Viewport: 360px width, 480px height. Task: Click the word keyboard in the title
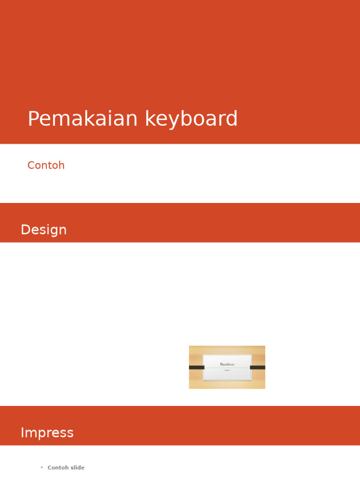191,119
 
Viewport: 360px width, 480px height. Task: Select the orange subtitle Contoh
46,165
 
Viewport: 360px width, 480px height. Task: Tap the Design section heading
44,230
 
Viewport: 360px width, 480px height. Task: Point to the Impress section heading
47,433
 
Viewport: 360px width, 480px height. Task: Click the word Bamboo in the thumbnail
227,364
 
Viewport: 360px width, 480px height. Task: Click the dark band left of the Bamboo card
196,367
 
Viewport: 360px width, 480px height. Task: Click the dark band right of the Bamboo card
257,367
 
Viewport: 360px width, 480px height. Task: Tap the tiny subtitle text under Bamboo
227,370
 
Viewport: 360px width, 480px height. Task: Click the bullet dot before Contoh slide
42,468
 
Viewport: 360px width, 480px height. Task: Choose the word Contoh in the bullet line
58,468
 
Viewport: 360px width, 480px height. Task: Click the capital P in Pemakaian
33,119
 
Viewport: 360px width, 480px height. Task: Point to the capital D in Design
25,230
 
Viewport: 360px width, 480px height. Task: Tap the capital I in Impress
22,433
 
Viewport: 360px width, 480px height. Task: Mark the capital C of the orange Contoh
31,165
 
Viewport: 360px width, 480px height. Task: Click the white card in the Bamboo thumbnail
227,375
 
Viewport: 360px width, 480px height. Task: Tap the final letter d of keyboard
232,119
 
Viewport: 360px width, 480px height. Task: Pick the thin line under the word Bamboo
227,368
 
